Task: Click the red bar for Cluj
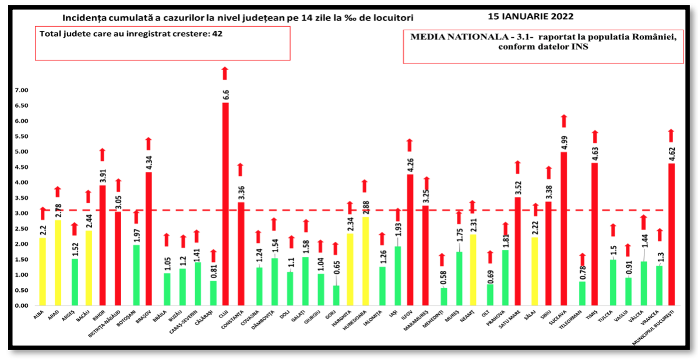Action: (225, 204)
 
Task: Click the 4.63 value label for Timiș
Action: (595, 152)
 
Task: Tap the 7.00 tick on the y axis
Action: (21, 91)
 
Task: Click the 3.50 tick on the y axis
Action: (21, 198)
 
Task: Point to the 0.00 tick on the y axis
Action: (21, 306)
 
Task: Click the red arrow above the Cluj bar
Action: (225, 73)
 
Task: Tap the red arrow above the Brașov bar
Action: (149, 143)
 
